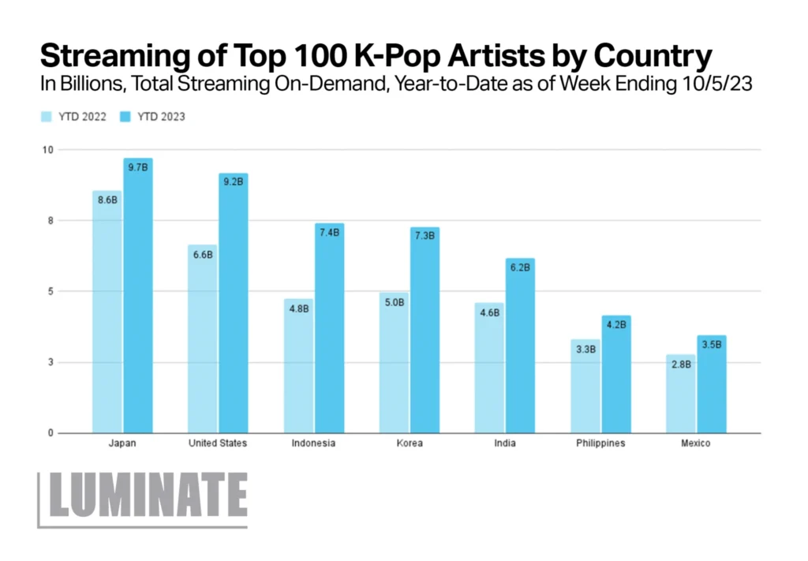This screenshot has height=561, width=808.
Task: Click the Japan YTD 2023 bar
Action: point(138,300)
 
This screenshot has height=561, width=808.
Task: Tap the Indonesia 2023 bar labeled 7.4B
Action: point(329,331)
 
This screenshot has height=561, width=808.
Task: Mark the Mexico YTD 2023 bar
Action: point(712,387)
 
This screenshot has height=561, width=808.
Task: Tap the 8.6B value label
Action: point(107,200)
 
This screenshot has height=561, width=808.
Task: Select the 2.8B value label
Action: point(680,364)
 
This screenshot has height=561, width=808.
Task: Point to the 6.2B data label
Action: point(521,267)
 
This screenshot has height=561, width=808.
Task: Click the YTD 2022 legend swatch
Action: point(47,117)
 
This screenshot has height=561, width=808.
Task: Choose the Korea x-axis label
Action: point(410,443)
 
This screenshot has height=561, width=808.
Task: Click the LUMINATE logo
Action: point(144,498)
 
